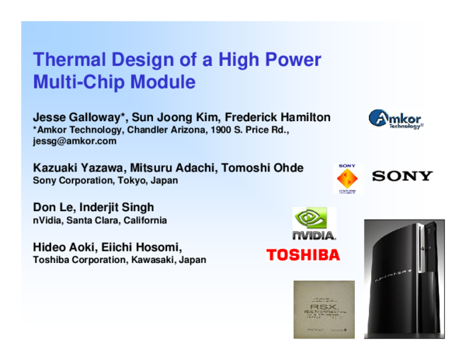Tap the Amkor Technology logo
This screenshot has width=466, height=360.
396,119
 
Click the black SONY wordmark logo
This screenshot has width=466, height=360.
402,176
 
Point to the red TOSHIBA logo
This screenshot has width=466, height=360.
303,254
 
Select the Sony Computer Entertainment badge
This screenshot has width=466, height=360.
347,178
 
